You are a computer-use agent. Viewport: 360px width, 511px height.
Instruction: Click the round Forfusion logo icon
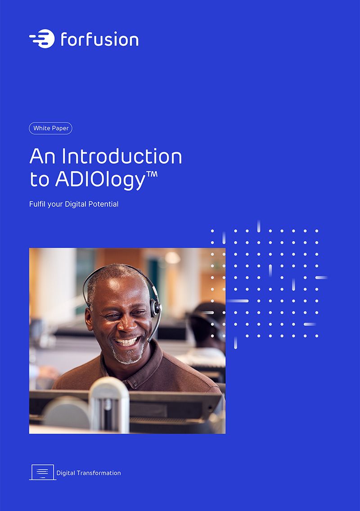coord(42,39)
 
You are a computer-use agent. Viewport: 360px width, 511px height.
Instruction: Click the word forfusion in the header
coord(100,39)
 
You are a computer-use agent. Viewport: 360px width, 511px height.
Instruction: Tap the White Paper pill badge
coord(50,128)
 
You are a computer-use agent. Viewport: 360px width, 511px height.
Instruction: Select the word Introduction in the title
coord(122,156)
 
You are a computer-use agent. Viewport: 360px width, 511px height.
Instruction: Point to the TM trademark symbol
coord(152,174)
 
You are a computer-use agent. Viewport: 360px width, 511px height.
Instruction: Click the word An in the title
coord(42,156)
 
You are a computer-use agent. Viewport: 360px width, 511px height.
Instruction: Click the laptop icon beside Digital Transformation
coord(43,472)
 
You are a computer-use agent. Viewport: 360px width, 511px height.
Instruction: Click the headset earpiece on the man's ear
coord(155,308)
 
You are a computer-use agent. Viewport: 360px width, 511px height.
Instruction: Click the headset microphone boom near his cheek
coord(154,327)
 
